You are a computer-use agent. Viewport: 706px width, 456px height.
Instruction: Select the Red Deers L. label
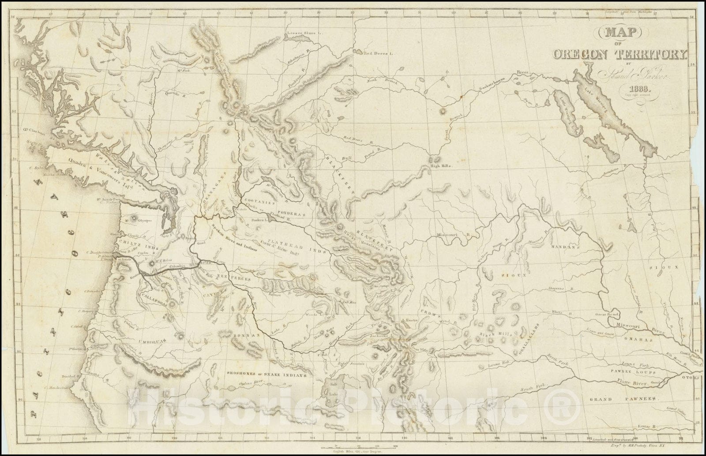[x=377, y=53]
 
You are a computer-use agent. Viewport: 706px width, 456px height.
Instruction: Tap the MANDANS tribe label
[x=563, y=247]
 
